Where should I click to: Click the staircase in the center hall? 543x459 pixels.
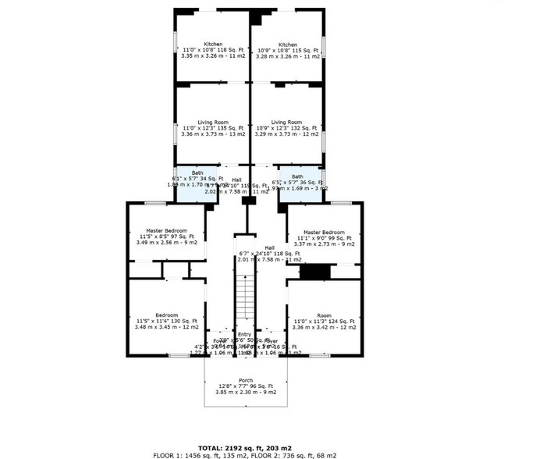point(245,297)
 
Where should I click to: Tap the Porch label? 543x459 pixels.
point(245,379)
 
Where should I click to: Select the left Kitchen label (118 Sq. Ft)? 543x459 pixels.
point(213,44)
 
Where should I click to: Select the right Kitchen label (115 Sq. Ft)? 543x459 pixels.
point(288,44)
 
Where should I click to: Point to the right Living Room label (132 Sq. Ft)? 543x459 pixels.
point(286,123)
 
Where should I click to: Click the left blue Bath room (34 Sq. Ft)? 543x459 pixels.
point(191,185)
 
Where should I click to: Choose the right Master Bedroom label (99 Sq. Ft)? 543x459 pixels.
point(323,232)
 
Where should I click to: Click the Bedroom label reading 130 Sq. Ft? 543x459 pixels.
point(167,315)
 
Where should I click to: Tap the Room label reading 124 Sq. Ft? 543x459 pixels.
point(324,315)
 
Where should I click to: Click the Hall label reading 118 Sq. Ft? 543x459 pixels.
point(269,247)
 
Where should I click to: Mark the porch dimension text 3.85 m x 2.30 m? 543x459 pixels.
point(244,393)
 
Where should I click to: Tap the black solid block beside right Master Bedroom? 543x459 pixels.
point(315,272)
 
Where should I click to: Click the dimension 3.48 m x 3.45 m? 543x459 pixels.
point(167,327)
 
